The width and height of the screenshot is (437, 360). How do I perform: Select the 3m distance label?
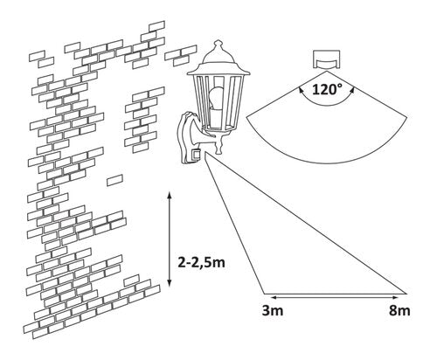[x=269, y=310]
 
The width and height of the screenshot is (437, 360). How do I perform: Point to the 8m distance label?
[x=399, y=310]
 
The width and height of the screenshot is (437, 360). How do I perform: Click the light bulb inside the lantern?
[x=217, y=95]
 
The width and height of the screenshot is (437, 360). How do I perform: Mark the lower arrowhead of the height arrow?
[x=168, y=282]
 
